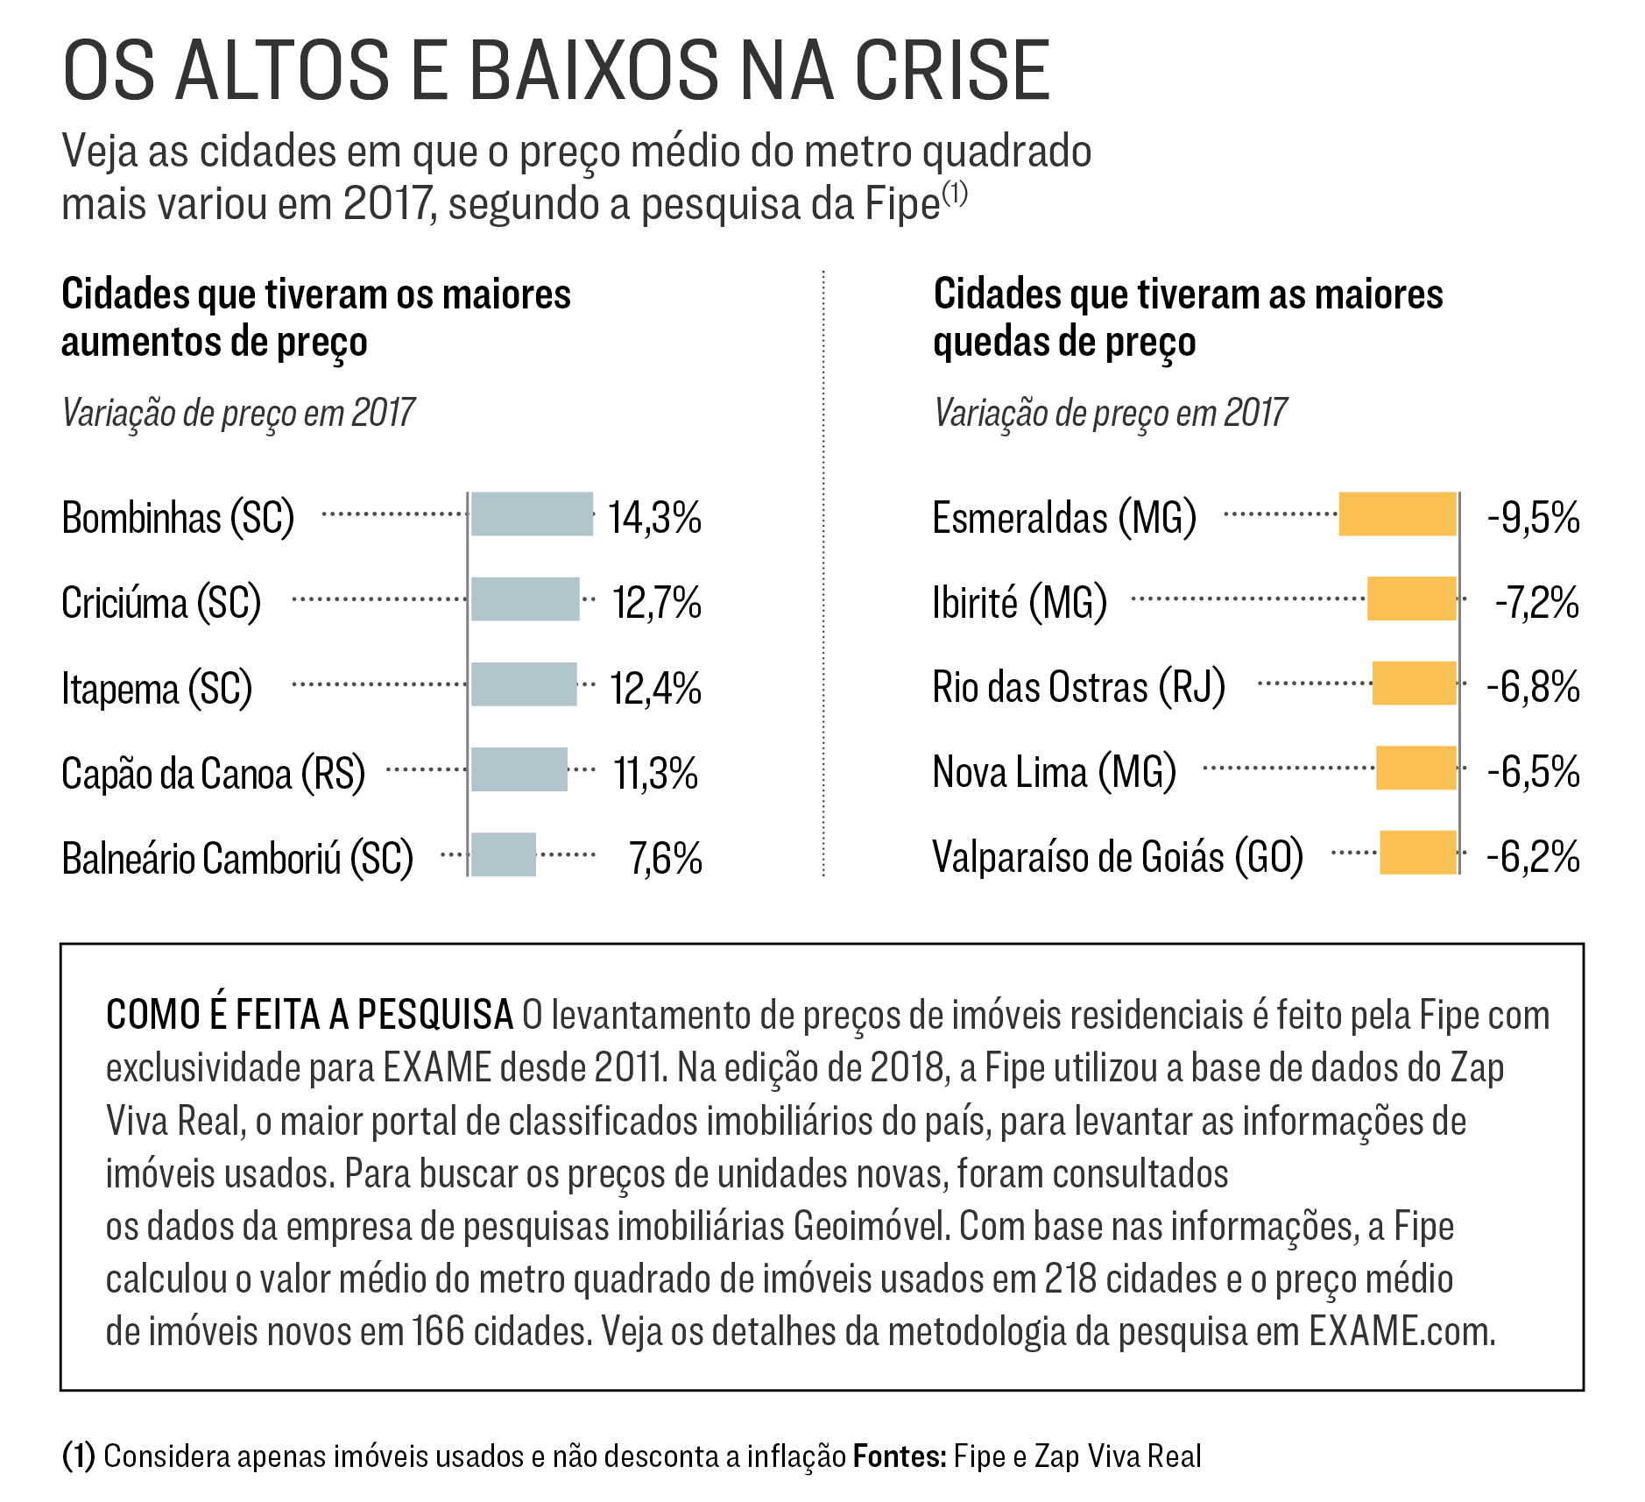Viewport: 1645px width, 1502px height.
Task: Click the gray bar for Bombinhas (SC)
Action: [532, 514]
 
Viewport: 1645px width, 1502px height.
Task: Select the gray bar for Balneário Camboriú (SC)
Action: [503, 854]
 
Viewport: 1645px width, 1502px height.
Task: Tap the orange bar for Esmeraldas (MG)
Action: [1397, 514]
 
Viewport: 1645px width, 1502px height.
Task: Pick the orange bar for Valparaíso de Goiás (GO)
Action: [1417, 853]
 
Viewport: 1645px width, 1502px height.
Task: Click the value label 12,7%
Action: [656, 603]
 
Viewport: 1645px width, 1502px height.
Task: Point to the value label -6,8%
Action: [1533, 687]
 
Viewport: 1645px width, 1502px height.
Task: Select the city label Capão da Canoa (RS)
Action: [213, 774]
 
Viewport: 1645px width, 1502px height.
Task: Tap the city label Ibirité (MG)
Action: [1019, 603]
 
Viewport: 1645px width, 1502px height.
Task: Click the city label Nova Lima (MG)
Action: [1054, 772]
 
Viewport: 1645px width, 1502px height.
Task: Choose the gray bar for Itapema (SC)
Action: [524, 684]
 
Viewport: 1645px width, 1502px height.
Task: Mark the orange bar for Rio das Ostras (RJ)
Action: [1414, 684]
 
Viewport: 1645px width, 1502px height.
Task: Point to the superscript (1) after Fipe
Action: [955, 194]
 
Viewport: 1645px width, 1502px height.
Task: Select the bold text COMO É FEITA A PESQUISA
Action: [309, 1015]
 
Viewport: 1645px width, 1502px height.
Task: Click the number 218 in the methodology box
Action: [1070, 1279]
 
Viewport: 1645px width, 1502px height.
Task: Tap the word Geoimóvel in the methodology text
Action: [872, 1227]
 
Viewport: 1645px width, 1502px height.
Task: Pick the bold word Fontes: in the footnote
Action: [900, 1456]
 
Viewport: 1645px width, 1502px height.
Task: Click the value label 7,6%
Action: [666, 859]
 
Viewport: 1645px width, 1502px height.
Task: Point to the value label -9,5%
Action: [1533, 518]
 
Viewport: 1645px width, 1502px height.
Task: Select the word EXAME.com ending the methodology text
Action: [1401, 1332]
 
